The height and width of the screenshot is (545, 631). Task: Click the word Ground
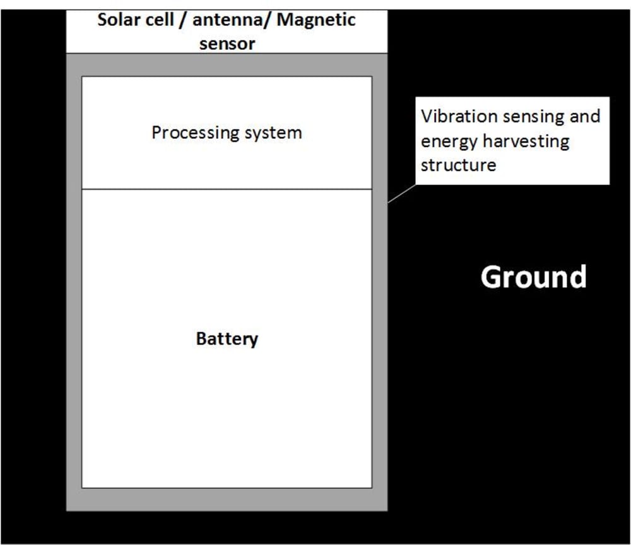click(534, 277)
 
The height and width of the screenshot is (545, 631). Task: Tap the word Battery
click(227, 338)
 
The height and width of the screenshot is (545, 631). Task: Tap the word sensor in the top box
click(227, 44)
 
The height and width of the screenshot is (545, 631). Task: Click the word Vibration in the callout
click(454, 116)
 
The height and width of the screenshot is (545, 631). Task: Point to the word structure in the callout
click(459, 165)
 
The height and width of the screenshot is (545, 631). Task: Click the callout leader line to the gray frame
click(401, 193)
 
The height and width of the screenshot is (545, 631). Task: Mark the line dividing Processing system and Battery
click(227, 189)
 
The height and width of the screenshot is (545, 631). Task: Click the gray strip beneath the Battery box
click(227, 499)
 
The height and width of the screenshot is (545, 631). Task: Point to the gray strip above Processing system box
click(227, 64)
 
